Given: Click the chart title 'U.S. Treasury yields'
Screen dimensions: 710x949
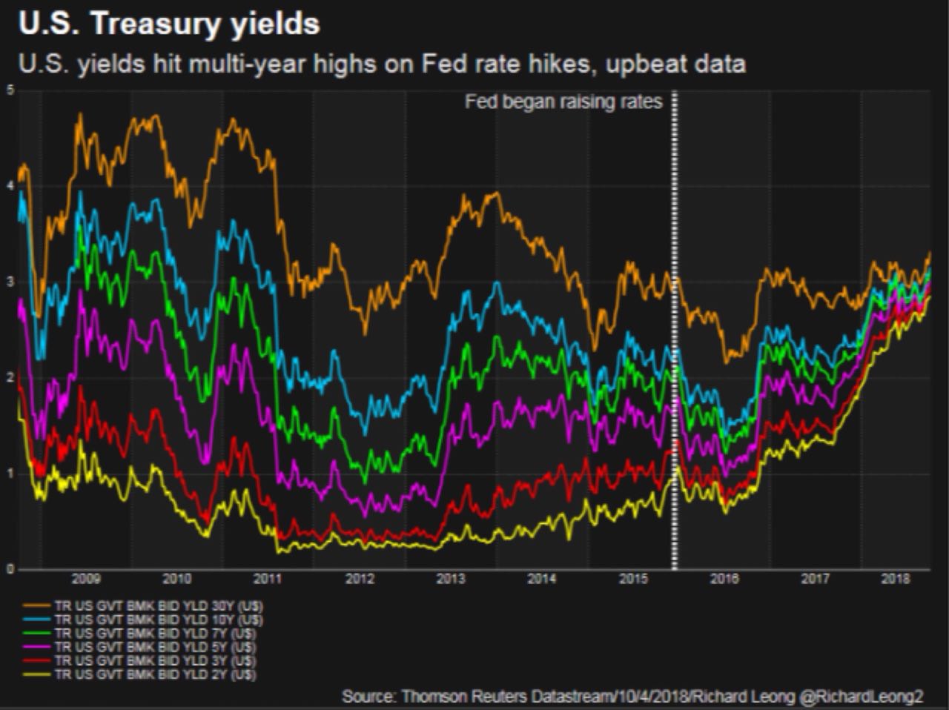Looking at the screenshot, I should [x=169, y=24].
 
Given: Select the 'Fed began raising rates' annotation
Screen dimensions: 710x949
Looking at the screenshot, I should [x=563, y=102].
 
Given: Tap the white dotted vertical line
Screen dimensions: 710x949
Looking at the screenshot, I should [x=674, y=334].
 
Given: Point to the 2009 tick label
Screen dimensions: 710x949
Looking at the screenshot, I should [x=86, y=579].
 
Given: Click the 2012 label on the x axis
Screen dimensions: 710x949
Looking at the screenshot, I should [x=360, y=579].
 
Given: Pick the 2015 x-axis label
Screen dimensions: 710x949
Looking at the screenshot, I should [x=634, y=579].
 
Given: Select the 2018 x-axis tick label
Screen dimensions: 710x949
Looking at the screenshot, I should [x=896, y=579].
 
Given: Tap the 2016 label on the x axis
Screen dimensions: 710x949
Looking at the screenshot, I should [x=724, y=579].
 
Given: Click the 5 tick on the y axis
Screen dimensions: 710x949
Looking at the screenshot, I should [x=10, y=90].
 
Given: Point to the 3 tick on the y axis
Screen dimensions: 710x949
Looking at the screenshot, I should [x=10, y=282].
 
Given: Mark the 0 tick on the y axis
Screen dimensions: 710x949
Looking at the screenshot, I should [x=10, y=569].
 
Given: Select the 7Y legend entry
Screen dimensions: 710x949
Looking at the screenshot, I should [x=156, y=633].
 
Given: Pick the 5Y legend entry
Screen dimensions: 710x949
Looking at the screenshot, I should [x=156, y=647].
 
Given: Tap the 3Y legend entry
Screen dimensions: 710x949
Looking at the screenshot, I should [x=156, y=660].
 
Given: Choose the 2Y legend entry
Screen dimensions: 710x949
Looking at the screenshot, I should [x=156, y=674].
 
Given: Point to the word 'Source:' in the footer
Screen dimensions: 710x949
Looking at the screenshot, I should [x=368, y=697].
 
